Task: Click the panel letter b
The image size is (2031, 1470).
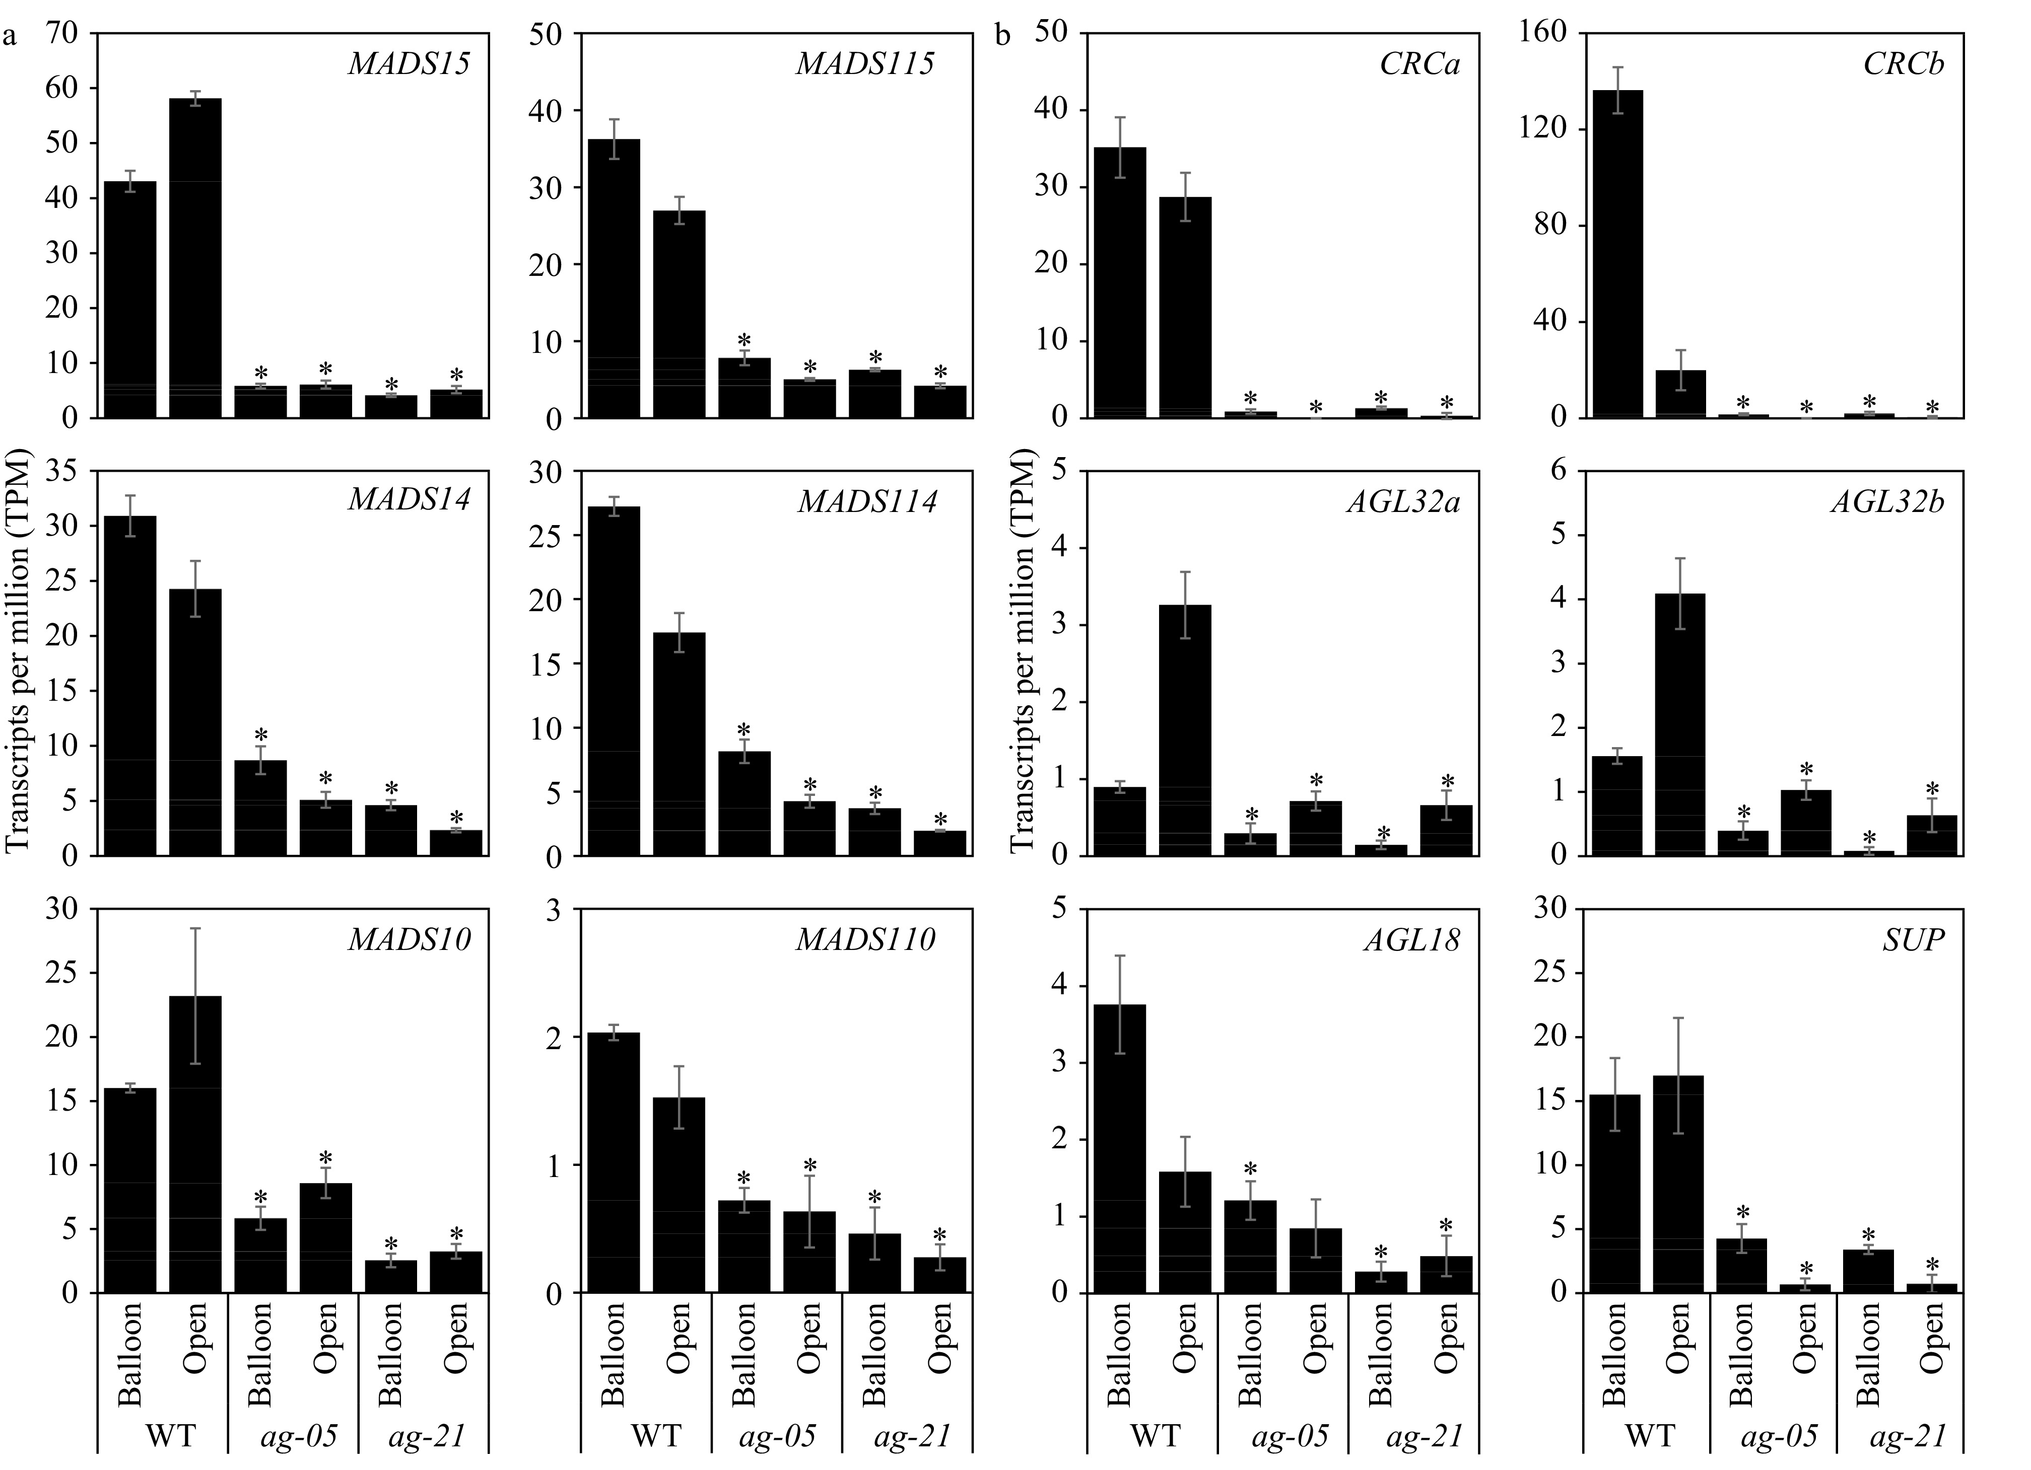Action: pos(1003,37)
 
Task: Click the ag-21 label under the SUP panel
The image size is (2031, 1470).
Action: pos(1908,1437)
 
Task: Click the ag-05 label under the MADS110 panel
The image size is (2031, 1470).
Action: pos(777,1437)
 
